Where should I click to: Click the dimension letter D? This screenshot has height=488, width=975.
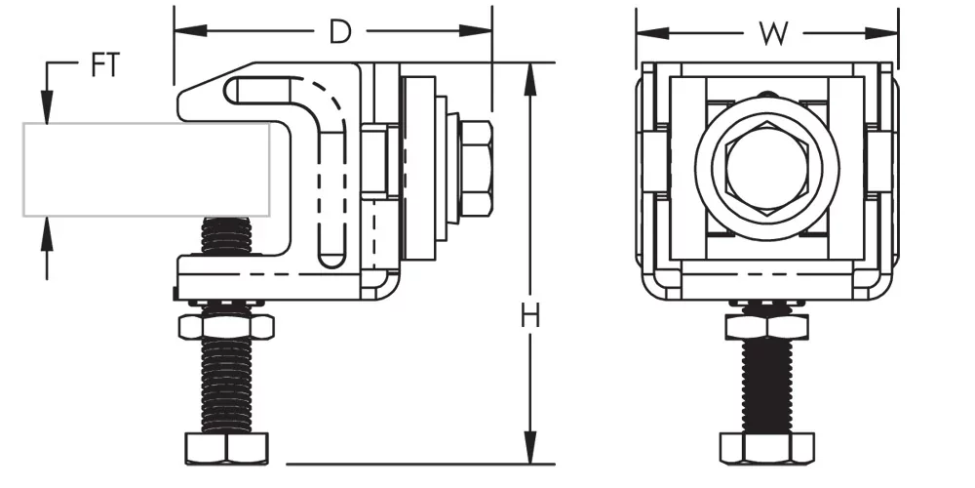tap(339, 32)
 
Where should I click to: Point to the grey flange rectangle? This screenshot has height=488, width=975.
tap(146, 169)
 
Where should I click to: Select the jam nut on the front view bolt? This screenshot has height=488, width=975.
tap(766, 324)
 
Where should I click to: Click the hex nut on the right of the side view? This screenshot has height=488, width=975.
tap(476, 169)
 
